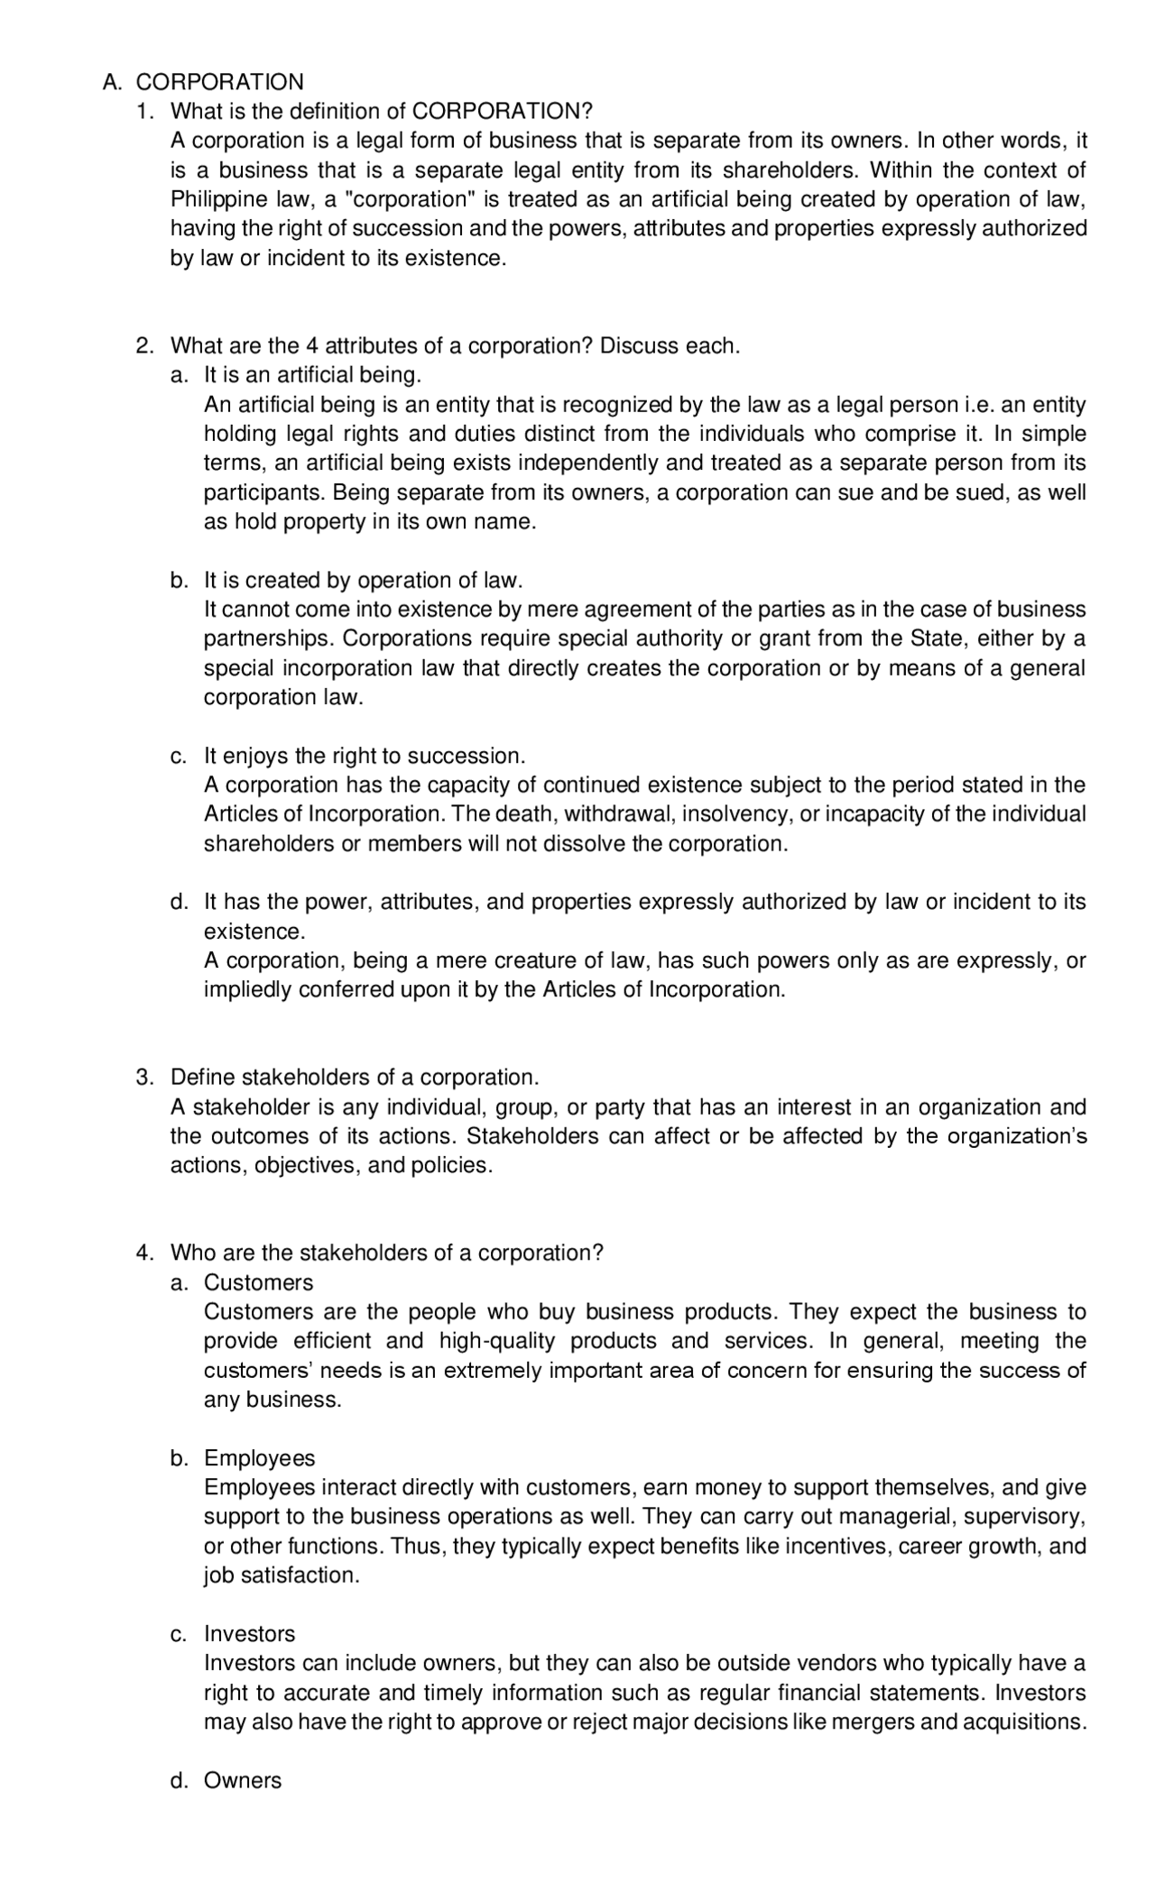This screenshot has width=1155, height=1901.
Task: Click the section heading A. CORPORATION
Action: [x=203, y=82]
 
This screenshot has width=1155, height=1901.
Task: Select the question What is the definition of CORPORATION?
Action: [x=381, y=112]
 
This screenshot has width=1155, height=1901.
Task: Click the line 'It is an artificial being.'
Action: [x=312, y=375]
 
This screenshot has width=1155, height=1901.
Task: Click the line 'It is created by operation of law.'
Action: [x=363, y=581]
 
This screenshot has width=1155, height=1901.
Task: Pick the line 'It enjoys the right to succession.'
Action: [x=364, y=756]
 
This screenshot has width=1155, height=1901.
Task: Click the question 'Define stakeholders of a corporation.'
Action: [x=355, y=1078]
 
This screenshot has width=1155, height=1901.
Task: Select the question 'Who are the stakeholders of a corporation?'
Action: [x=386, y=1254]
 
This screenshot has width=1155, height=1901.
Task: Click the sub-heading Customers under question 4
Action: [x=258, y=1283]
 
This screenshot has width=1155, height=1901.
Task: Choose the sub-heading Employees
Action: [x=259, y=1459]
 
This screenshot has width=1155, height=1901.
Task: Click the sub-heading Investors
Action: [x=249, y=1634]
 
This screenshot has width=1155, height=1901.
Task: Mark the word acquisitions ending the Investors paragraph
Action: [x=1023, y=1722]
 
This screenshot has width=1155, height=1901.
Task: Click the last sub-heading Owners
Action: [x=242, y=1781]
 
